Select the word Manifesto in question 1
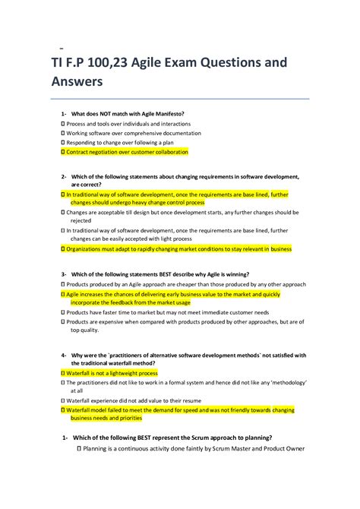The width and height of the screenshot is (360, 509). (x=166, y=114)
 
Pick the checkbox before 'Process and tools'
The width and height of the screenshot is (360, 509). (x=62, y=123)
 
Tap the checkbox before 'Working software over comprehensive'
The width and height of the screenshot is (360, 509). (x=62, y=133)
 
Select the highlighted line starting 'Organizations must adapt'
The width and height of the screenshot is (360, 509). (x=167, y=248)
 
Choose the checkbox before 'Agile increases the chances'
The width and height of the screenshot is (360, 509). (x=62, y=293)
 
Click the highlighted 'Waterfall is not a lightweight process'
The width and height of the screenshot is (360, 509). (x=112, y=374)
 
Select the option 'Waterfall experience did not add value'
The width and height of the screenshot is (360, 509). (x=133, y=400)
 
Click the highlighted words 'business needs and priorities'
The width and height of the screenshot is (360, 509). (x=111, y=419)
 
